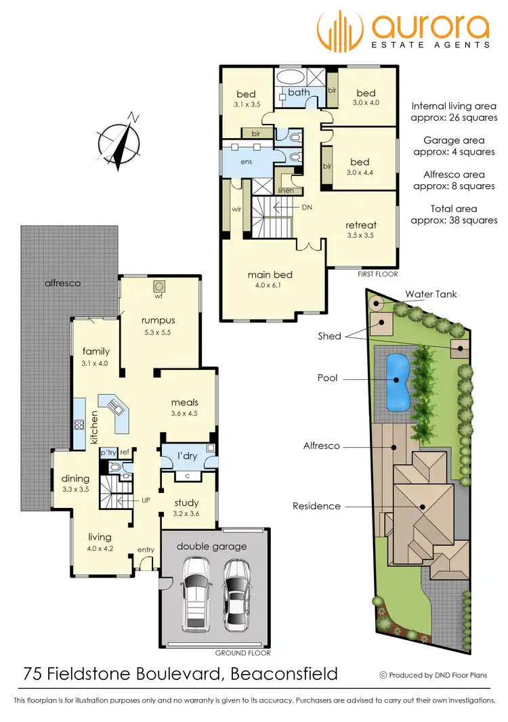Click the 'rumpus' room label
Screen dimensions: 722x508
pyautogui.click(x=158, y=320)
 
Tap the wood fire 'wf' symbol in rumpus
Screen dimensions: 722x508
pyautogui.click(x=160, y=286)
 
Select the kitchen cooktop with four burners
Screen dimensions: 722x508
pyautogui.click(x=79, y=426)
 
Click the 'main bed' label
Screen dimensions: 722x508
pyautogui.click(x=270, y=274)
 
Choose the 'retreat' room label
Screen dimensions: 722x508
pyautogui.click(x=360, y=225)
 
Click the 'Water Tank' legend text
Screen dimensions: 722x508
pyautogui.click(x=431, y=294)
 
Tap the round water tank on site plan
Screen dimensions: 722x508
pyautogui.click(x=376, y=303)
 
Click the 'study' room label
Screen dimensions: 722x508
pyautogui.click(x=186, y=503)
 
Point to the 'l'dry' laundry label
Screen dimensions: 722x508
pyautogui.click(x=187, y=456)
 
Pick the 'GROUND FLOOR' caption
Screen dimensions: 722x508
pyautogui.click(x=242, y=654)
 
